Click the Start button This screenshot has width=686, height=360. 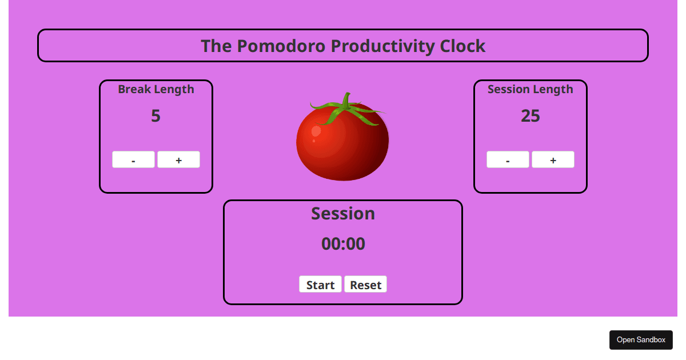(x=320, y=285)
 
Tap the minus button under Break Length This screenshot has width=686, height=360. (x=133, y=160)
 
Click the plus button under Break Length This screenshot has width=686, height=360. (x=178, y=160)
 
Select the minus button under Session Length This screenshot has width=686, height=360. (x=508, y=160)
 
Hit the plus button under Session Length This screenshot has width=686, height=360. (x=553, y=160)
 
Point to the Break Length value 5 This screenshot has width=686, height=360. (x=155, y=116)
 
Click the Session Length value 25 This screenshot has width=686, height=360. (x=530, y=116)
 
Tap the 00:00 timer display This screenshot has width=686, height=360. (x=343, y=244)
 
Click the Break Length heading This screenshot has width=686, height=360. (x=155, y=89)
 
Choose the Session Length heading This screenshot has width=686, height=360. (x=530, y=89)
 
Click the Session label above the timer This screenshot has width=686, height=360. (x=343, y=214)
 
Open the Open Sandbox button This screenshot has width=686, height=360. (x=641, y=340)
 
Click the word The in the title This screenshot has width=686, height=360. (x=216, y=46)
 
